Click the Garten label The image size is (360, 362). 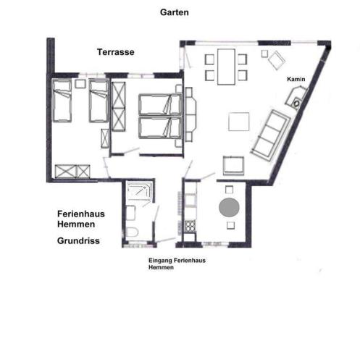point(175,12)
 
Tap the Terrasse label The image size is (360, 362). point(116,52)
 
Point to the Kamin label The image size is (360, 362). point(296,79)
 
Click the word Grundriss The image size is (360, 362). point(78,241)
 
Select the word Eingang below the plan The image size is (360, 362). point(160,261)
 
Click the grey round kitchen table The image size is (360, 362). point(229,208)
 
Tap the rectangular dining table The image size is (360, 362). point(226,67)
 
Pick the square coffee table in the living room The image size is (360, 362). point(239,122)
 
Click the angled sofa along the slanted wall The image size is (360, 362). point(271,135)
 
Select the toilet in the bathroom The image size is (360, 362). point(132,232)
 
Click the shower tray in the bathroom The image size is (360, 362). point(139,191)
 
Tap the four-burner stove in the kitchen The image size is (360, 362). point(191,226)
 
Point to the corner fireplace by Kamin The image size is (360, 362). point(296,98)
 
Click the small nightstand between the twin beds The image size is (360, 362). point(80,84)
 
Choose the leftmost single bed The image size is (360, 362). point(62,101)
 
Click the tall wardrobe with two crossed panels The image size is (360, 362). point(119,106)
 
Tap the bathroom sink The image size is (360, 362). point(130,213)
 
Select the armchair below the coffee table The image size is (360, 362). point(233,166)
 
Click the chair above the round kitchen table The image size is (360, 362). point(229,190)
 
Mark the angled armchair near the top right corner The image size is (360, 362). point(277,60)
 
